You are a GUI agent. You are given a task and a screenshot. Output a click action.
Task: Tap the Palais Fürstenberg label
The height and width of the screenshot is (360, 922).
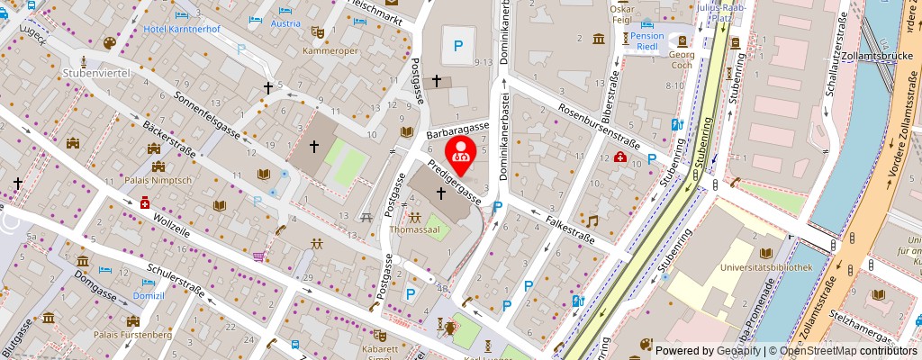click(x=135, y=336)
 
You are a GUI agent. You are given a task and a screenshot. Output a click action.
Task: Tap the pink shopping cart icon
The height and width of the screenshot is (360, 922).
click(x=259, y=256)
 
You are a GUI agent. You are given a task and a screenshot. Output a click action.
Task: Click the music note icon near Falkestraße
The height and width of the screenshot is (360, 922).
click(x=592, y=220)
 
